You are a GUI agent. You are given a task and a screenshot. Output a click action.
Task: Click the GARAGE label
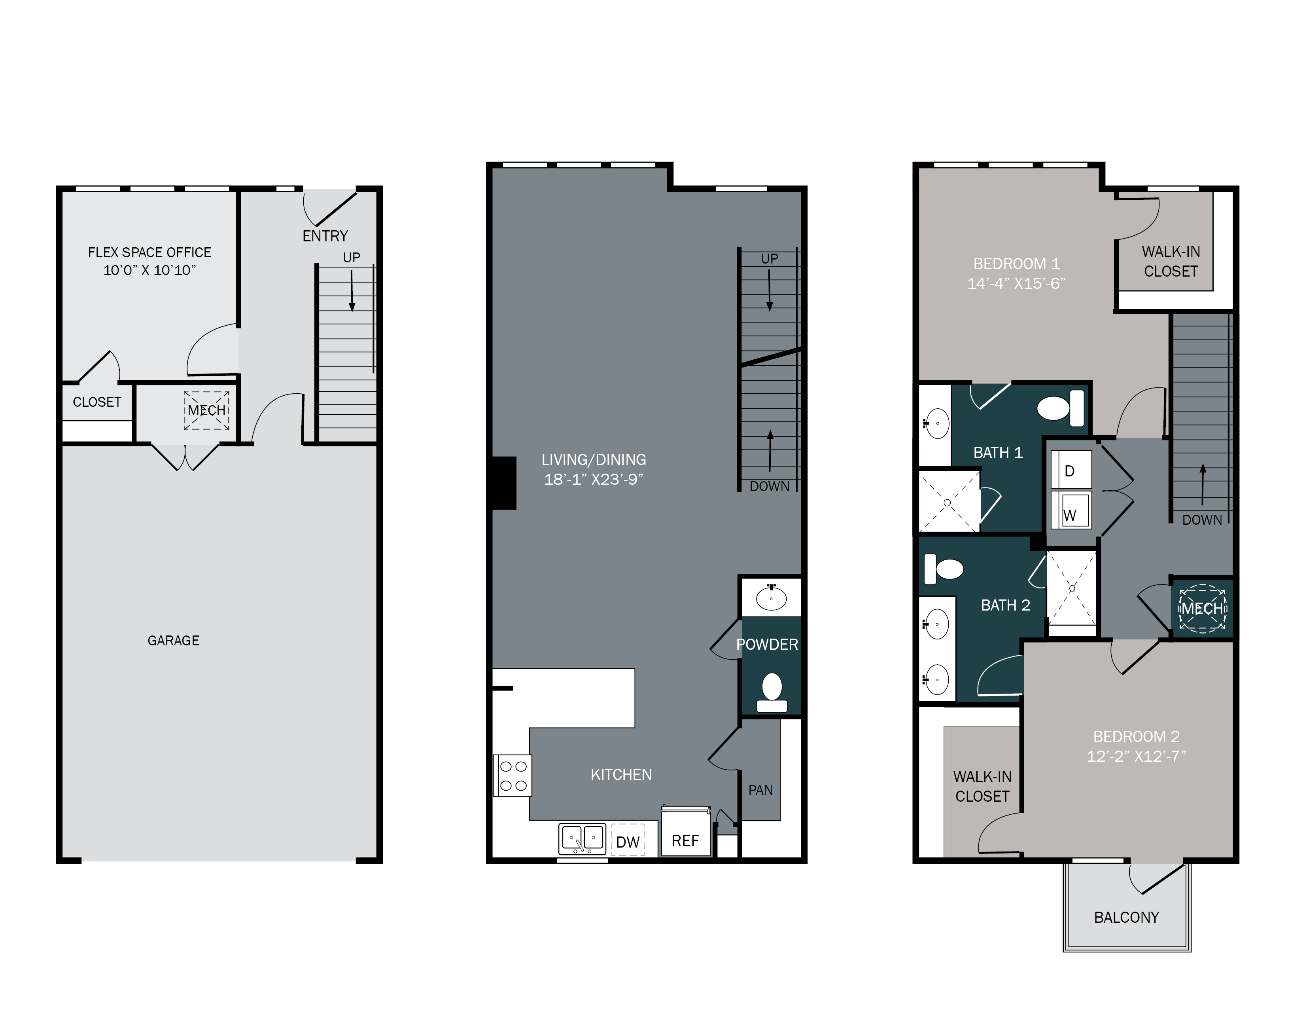[173, 641]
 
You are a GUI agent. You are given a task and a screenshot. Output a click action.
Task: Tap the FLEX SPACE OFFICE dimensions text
[149, 270]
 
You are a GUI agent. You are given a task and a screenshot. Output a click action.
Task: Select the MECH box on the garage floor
[207, 411]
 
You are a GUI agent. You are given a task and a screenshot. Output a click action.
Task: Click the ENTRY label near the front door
[325, 236]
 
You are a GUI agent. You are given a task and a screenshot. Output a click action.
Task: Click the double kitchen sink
[582, 839]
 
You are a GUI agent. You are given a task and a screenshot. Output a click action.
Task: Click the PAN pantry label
[760, 790]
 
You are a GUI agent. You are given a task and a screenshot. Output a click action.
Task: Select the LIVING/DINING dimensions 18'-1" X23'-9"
[593, 480]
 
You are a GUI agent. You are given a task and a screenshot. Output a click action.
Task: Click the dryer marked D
[1070, 471]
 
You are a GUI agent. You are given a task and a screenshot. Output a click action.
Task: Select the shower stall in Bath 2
[1072, 589]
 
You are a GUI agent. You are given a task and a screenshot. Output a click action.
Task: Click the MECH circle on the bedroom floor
[1202, 609]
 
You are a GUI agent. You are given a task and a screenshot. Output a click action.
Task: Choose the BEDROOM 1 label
[1016, 264]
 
